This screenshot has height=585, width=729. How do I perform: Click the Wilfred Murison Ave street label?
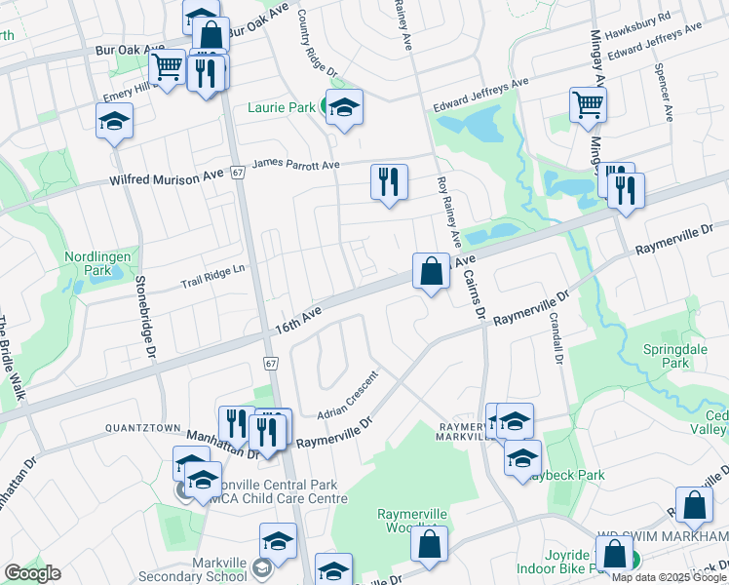pyautogui.click(x=167, y=176)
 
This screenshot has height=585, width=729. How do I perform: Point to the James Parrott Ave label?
pyautogui.click(x=295, y=166)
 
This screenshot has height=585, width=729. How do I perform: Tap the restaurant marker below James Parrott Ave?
pyautogui.click(x=388, y=181)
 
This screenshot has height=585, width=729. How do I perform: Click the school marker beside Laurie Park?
pyautogui.click(x=344, y=109)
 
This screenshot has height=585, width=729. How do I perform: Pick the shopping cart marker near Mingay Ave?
pyautogui.click(x=588, y=104)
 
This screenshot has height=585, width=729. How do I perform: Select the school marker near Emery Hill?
pyautogui.click(x=114, y=122)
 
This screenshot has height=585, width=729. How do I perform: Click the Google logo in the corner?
pyautogui.click(x=31, y=573)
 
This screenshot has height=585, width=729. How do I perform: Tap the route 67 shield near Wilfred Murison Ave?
pyautogui.click(x=237, y=173)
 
